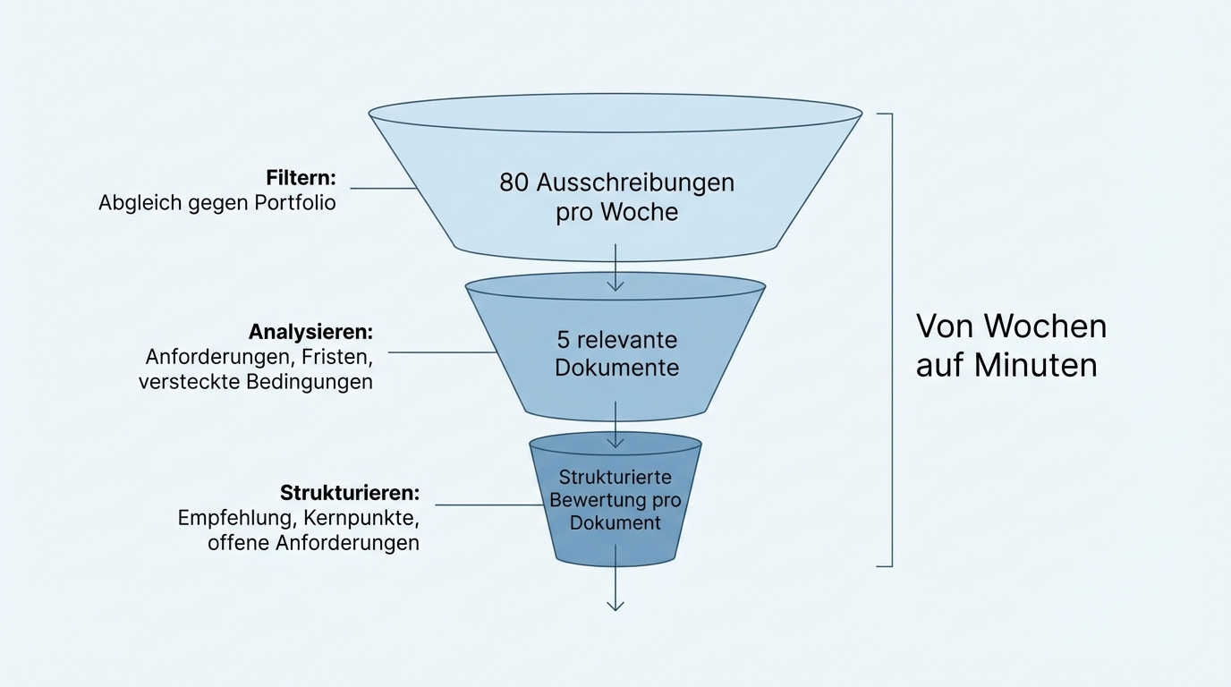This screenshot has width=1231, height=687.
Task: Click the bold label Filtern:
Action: click(x=301, y=177)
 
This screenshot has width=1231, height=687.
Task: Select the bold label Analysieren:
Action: click(x=310, y=332)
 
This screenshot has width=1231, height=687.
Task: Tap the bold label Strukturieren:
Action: click(x=349, y=493)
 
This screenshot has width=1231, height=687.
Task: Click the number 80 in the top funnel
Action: click(x=514, y=182)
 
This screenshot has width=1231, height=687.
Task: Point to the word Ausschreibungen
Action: click(x=635, y=182)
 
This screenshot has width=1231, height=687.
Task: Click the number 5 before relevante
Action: click(x=564, y=340)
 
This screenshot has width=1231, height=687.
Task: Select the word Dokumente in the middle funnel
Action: click(x=616, y=368)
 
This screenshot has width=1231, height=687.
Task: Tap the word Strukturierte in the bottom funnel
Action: click(x=615, y=477)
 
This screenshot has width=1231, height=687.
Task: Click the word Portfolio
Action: click(x=294, y=203)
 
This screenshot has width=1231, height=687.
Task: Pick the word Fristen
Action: click(x=336, y=357)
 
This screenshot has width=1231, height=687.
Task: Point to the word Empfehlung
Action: click(x=236, y=518)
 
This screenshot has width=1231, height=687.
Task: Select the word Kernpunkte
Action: click(x=361, y=518)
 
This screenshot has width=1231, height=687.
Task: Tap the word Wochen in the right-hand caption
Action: click(x=1045, y=326)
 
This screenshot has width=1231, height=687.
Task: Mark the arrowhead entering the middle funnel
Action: click(x=615, y=285)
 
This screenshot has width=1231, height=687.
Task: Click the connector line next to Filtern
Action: click(x=383, y=189)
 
